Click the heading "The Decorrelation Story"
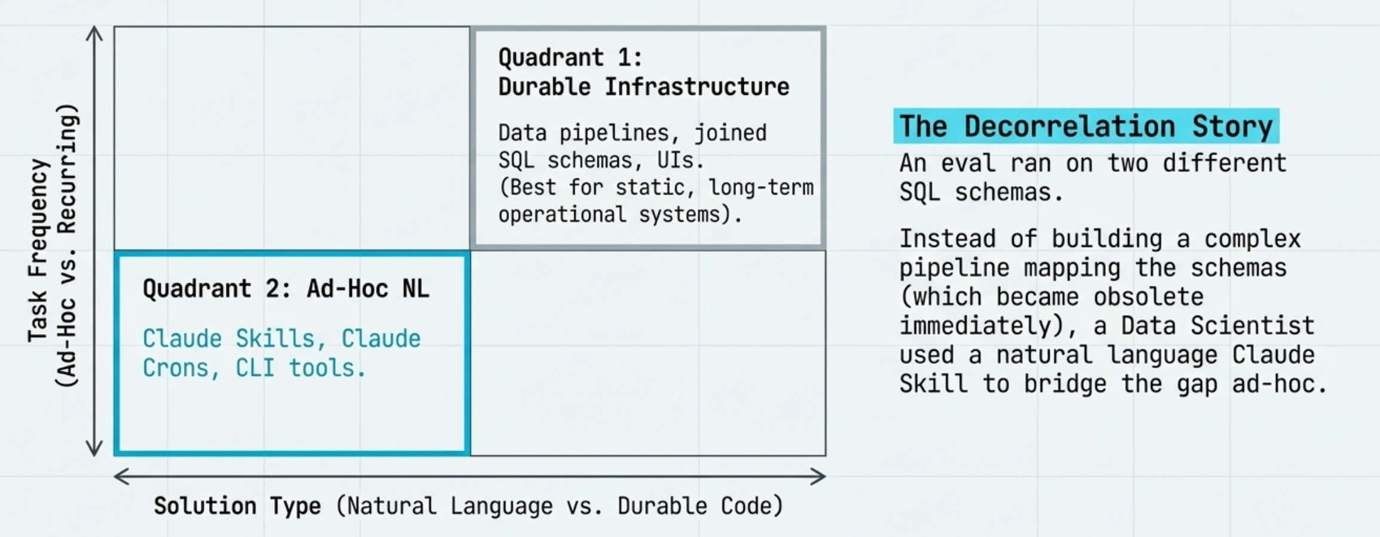point(1085,126)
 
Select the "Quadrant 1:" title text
point(570,58)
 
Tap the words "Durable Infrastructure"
point(643,87)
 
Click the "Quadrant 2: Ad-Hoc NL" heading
point(286,289)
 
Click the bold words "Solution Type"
point(237,506)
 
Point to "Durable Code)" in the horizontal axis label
point(700,506)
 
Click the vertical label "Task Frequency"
point(38,251)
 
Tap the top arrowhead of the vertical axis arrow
point(94,31)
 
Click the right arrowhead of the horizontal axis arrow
point(820,476)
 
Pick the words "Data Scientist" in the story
point(1217,326)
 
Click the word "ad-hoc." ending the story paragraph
point(1279,384)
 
